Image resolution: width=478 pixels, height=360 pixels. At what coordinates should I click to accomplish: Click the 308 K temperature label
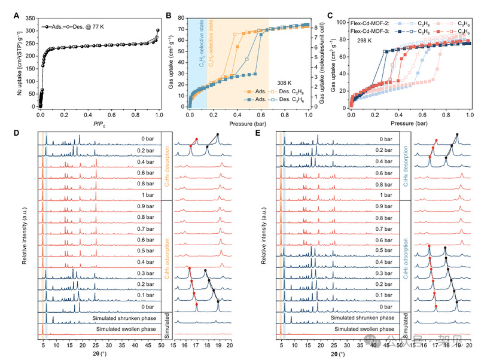(286, 83)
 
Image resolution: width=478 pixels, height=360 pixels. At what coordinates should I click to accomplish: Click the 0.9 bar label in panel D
(146, 207)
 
